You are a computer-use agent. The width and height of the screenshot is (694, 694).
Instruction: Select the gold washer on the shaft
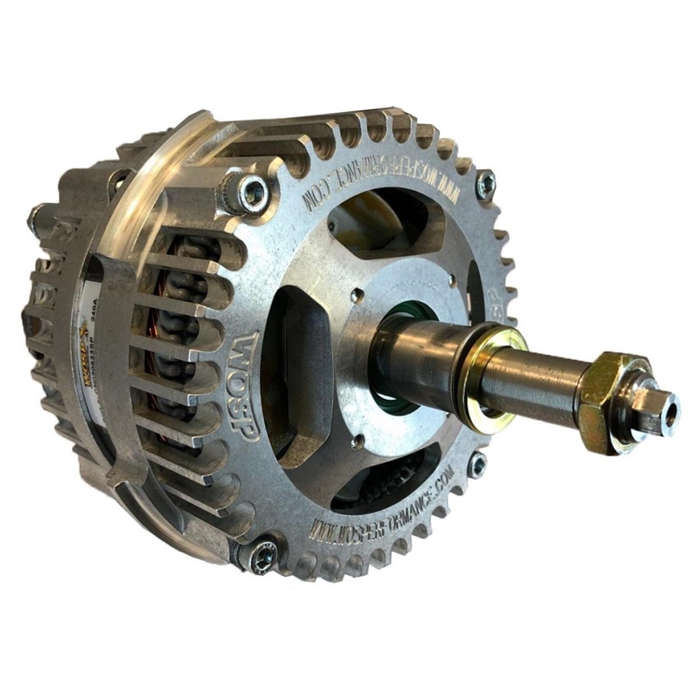492,373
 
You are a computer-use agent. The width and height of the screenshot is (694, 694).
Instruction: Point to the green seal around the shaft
395,347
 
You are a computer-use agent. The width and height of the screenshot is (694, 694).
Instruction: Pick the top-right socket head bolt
486,184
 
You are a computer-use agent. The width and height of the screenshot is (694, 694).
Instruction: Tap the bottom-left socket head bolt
263,555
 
